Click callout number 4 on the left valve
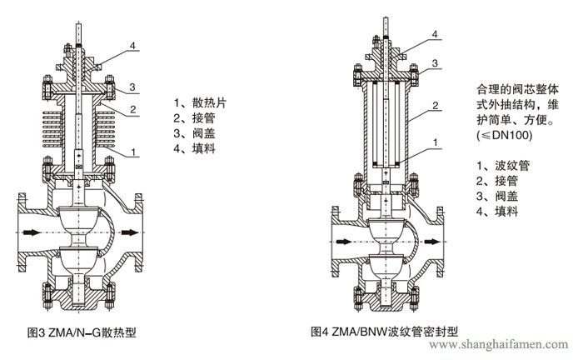[x=132, y=44]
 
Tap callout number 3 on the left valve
[x=131, y=87]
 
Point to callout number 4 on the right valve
[x=434, y=33]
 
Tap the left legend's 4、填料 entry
[x=195, y=148]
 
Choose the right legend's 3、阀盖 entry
[x=496, y=197]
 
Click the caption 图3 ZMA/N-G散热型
[x=82, y=332]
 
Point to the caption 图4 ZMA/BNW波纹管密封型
[x=385, y=332]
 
